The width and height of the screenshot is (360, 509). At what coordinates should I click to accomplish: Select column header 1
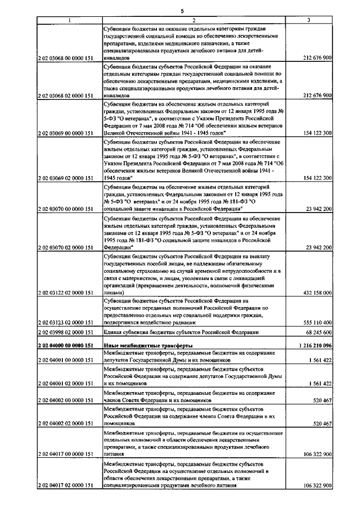click(x=69, y=21)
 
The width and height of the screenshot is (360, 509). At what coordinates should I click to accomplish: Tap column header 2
click(x=194, y=21)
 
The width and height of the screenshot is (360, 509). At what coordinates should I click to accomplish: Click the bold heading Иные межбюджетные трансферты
click(x=148, y=345)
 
